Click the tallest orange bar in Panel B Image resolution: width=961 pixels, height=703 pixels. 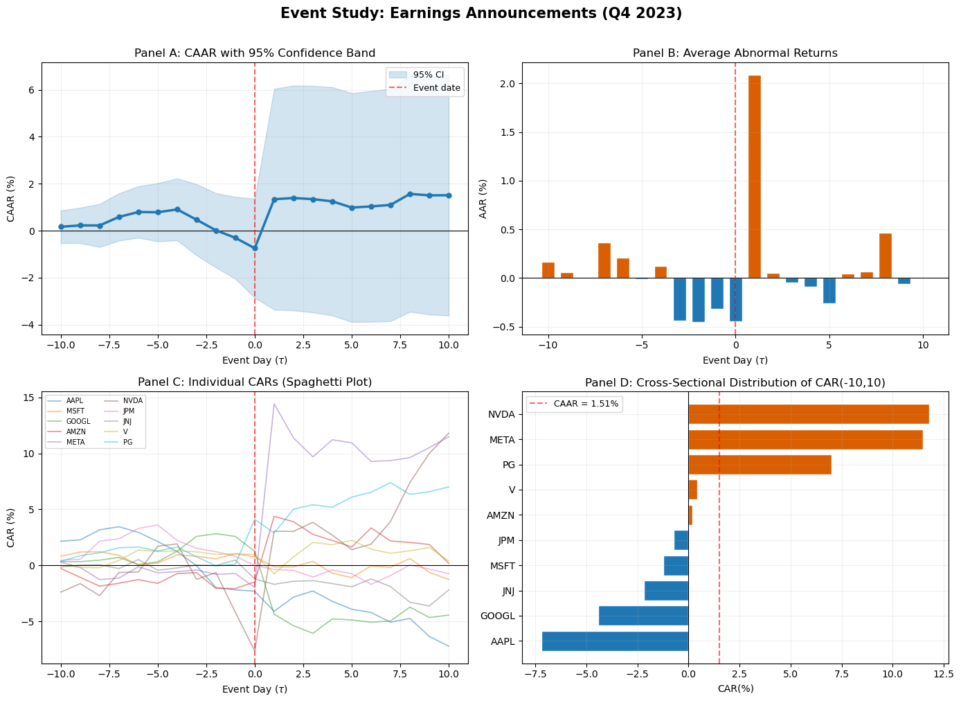tap(754, 177)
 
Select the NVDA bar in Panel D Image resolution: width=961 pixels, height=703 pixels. tap(808, 414)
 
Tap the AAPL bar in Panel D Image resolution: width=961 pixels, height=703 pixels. tap(615, 641)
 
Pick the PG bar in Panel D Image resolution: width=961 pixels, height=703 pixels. tap(760, 465)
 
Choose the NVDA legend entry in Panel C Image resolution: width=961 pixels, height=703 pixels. tap(133, 400)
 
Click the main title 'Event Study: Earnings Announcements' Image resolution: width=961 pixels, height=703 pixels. tap(480, 14)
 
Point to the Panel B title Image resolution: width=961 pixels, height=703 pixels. tap(735, 53)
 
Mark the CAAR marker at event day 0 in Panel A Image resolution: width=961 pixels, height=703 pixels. tap(255, 248)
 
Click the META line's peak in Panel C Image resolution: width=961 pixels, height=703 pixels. tap(274, 404)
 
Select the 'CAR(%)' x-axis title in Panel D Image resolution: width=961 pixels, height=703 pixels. tap(735, 688)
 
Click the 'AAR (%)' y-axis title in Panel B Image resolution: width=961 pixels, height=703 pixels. tap(484, 199)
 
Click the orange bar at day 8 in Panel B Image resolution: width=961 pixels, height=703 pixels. tap(885, 256)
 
